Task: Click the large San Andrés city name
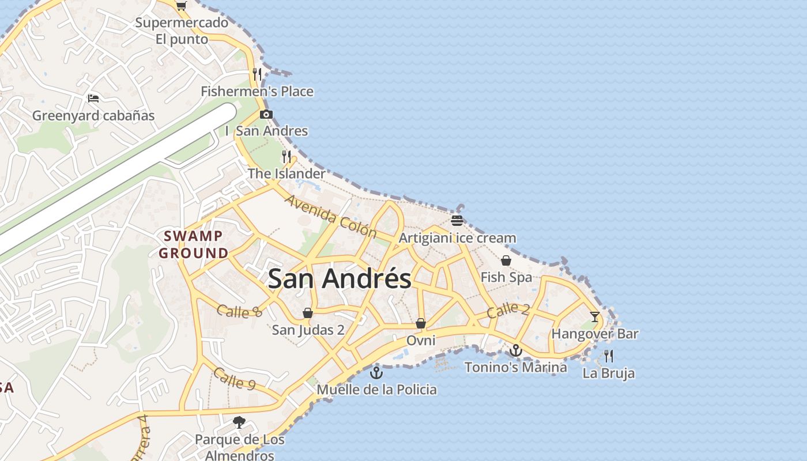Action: click(x=340, y=279)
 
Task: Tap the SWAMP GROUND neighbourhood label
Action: click(x=194, y=244)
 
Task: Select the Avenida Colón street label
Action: click(x=331, y=217)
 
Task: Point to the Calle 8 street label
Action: click(x=239, y=311)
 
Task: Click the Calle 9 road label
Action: click(x=234, y=378)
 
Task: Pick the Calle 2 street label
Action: click(x=508, y=311)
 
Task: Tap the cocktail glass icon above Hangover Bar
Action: click(x=594, y=316)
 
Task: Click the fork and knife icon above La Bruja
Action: click(x=609, y=356)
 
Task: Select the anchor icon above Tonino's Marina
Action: click(x=515, y=350)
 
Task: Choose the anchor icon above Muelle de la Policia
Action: click(x=376, y=373)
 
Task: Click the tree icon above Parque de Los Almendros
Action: click(x=239, y=422)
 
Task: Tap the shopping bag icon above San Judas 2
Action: click(x=308, y=313)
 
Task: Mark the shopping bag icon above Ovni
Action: click(x=421, y=323)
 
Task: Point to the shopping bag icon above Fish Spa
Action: click(x=506, y=260)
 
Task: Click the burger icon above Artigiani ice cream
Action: click(x=457, y=221)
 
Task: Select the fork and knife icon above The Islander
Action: click(x=286, y=156)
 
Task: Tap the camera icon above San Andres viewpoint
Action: click(x=266, y=114)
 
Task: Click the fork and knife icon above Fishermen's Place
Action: click(x=257, y=74)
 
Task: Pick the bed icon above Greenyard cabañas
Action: click(x=93, y=98)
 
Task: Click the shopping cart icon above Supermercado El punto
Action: click(x=182, y=6)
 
